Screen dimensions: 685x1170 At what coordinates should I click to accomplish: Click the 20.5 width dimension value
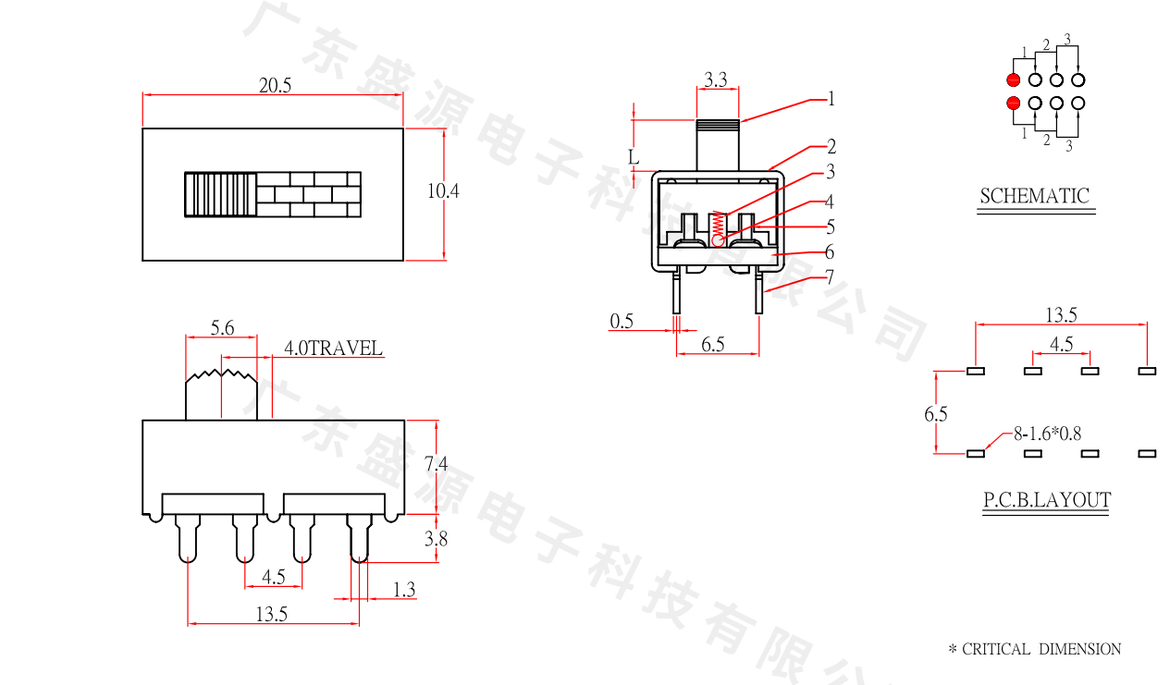[275, 85]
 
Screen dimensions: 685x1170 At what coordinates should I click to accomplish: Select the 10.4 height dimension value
[443, 191]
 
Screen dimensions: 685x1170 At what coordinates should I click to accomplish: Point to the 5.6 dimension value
[222, 327]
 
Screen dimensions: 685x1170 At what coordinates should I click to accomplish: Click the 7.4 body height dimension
[436, 465]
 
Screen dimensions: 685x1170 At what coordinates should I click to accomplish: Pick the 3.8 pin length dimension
[436, 539]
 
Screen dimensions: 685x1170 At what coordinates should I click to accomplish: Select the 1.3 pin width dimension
[404, 589]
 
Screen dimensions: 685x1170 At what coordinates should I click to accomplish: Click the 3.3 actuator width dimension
[715, 80]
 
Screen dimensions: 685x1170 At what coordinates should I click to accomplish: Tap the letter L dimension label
[634, 157]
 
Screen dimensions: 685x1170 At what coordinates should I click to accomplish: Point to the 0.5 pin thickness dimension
[622, 321]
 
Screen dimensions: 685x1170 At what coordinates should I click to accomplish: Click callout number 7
[830, 276]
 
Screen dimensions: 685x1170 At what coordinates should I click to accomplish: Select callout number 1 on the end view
[831, 98]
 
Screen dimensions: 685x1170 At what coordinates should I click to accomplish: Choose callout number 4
[830, 202]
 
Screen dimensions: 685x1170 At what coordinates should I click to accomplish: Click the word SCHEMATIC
[1034, 196]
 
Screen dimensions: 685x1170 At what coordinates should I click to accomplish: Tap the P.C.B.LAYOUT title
[1046, 500]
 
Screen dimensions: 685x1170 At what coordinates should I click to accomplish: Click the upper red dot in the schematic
[1014, 80]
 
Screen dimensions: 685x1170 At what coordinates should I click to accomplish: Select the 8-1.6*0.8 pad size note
[1048, 432]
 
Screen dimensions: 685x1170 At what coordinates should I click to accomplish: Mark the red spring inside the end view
[719, 223]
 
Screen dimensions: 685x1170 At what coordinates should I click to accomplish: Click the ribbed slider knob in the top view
[220, 194]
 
